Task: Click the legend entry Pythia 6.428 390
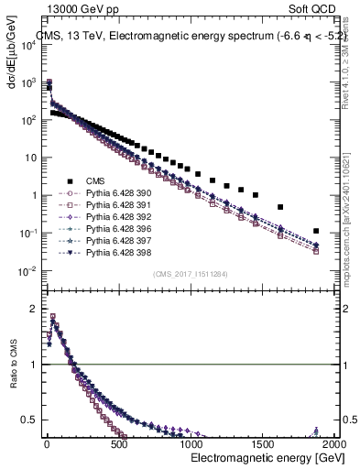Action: [113, 193]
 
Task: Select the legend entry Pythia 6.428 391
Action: [113, 205]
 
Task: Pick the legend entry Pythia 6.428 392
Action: [113, 217]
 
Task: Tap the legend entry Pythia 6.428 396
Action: [113, 229]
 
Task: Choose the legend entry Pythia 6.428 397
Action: [113, 241]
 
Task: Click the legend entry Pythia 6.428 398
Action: [113, 253]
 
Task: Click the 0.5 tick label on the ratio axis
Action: [31, 421]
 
